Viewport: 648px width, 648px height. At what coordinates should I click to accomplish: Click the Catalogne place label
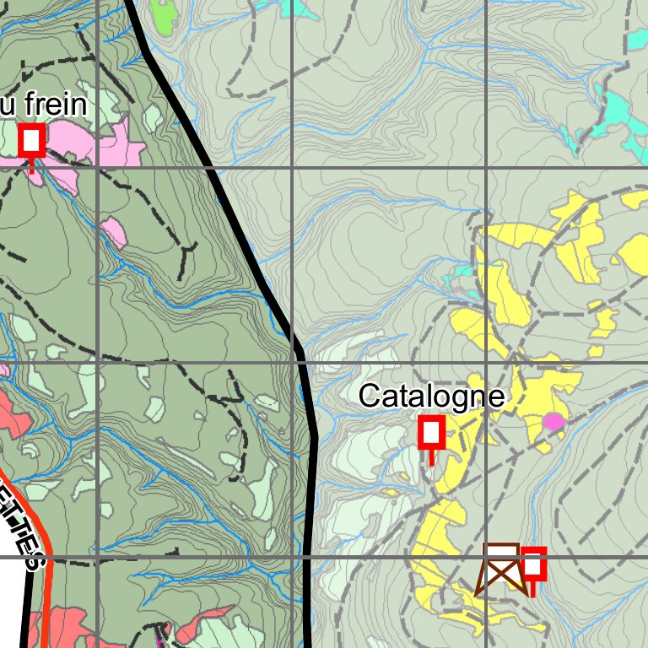coord(431,396)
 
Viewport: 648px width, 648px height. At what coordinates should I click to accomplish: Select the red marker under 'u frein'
coord(32,139)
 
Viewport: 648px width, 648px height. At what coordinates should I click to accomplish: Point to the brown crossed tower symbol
coord(502,570)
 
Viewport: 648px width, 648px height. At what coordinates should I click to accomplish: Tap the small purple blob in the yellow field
coord(553,421)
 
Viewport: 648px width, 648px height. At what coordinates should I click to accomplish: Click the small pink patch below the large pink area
coord(114,232)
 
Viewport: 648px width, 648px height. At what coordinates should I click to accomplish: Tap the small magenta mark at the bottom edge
coord(163,631)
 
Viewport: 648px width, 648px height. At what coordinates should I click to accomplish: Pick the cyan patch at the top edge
coord(295,7)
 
